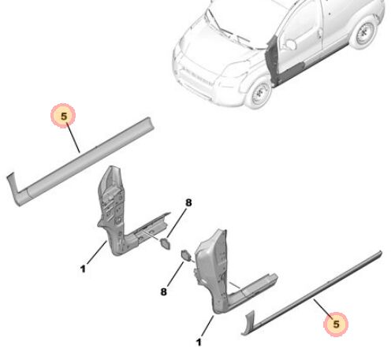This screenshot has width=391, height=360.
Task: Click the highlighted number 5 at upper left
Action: point(64,116)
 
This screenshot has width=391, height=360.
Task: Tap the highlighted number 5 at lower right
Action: point(336,324)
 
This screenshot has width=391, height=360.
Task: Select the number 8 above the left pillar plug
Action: point(188,202)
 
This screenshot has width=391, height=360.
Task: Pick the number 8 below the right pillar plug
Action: point(163,291)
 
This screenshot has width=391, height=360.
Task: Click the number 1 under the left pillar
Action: point(83,269)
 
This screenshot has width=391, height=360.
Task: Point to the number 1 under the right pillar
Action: point(199,342)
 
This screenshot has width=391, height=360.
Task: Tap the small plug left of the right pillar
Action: point(186,255)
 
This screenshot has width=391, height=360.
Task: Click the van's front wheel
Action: point(258,92)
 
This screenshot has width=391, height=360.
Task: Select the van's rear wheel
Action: point(363,32)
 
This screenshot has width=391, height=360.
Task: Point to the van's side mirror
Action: point(291,44)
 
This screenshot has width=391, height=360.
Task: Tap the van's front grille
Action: point(195,76)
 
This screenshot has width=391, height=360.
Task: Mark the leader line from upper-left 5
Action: point(73,138)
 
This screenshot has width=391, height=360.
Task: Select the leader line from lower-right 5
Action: point(323,309)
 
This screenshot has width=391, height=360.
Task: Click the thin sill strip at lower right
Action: point(311,294)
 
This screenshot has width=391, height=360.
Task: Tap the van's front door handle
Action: point(320,33)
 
